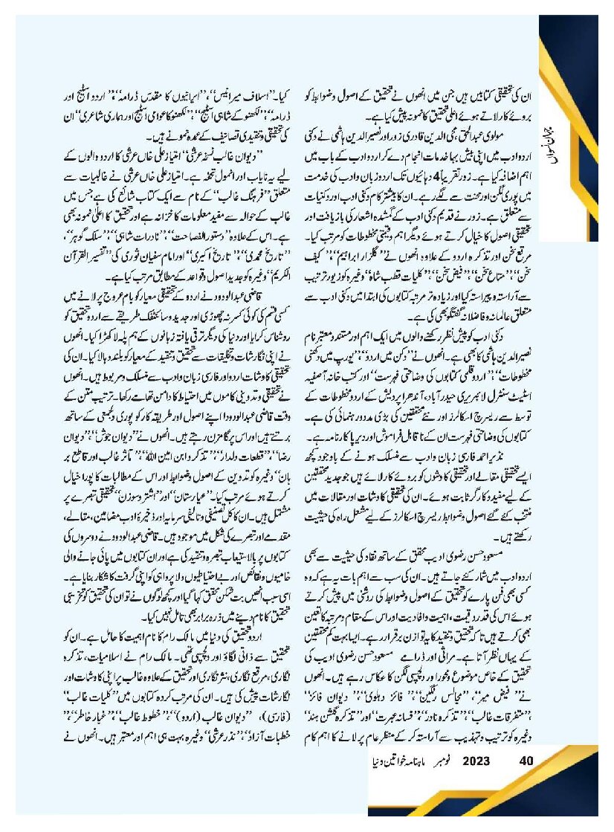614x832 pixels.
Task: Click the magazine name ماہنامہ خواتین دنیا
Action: pyautogui.click(x=395, y=761)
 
